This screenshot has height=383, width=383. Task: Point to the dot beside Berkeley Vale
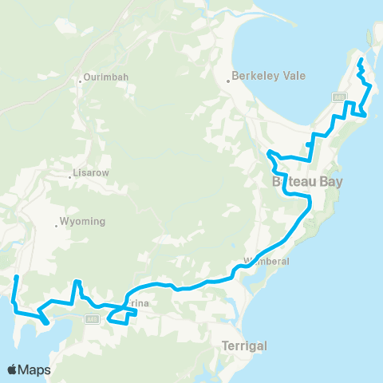click(227, 78)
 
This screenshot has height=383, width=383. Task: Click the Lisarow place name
click(90, 172)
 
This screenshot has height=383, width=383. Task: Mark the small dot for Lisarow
click(71, 176)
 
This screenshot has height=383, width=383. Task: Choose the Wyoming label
click(83, 222)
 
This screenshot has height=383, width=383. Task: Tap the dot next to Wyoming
click(57, 226)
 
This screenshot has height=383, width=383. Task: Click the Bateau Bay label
click(308, 182)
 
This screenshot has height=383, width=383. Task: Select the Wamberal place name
click(267, 261)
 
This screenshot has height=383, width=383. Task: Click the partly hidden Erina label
click(136, 304)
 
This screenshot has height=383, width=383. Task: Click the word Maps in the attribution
click(36, 369)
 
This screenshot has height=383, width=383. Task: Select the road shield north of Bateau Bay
click(339, 97)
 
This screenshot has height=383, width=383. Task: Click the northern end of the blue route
click(361, 60)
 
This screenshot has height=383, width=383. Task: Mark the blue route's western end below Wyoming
click(16, 277)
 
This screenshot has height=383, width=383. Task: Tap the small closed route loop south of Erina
click(117, 318)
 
